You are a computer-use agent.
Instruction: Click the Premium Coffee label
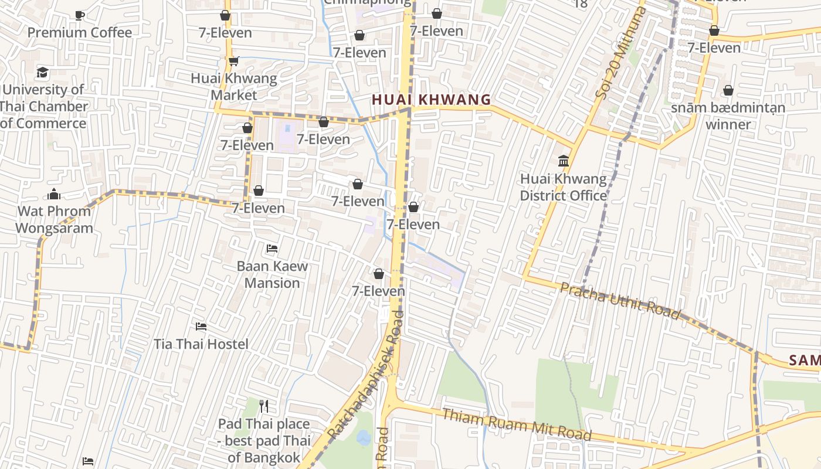(x=80, y=32)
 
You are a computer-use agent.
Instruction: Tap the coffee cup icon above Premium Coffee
(x=80, y=15)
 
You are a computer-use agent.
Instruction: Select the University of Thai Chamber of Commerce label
(x=43, y=106)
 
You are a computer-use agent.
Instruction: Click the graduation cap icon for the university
(x=43, y=73)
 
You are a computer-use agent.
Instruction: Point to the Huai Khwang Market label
(x=234, y=86)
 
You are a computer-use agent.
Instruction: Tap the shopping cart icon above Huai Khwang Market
(x=234, y=61)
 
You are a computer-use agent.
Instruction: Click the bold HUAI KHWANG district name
(x=431, y=100)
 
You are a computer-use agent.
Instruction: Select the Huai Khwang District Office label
(x=563, y=187)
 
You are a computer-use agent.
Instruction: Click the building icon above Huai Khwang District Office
(x=564, y=161)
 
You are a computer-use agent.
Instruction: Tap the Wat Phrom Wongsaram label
(x=54, y=219)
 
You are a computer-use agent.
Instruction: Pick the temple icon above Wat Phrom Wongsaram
(x=54, y=193)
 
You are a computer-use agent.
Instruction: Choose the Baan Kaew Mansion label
(x=272, y=274)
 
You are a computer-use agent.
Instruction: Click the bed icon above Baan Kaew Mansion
(x=272, y=249)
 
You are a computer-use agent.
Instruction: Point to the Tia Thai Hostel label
(x=201, y=344)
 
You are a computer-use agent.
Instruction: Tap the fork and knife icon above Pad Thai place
(x=264, y=406)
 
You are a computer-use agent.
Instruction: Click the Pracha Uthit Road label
(x=620, y=301)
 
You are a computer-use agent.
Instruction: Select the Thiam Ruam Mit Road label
(x=517, y=425)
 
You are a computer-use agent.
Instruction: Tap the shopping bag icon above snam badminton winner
(x=728, y=90)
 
